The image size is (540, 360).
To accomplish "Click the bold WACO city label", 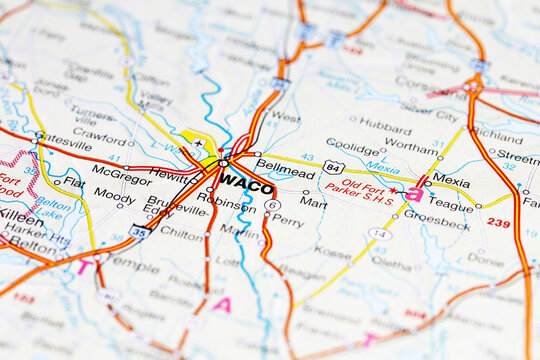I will [x=246, y=181].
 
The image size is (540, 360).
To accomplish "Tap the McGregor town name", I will [x=121, y=169].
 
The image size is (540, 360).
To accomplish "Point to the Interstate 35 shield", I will [x=140, y=231].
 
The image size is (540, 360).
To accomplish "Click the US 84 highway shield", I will [x=333, y=166].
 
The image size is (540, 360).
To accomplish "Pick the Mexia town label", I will [x=451, y=182].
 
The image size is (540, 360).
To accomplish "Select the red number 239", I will [x=498, y=223].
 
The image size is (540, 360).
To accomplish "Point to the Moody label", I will [x=114, y=199].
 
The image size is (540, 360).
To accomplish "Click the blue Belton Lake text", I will [x=52, y=208].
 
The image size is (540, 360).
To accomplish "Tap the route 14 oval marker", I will [x=378, y=234].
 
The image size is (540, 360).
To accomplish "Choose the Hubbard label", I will [x=385, y=126].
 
